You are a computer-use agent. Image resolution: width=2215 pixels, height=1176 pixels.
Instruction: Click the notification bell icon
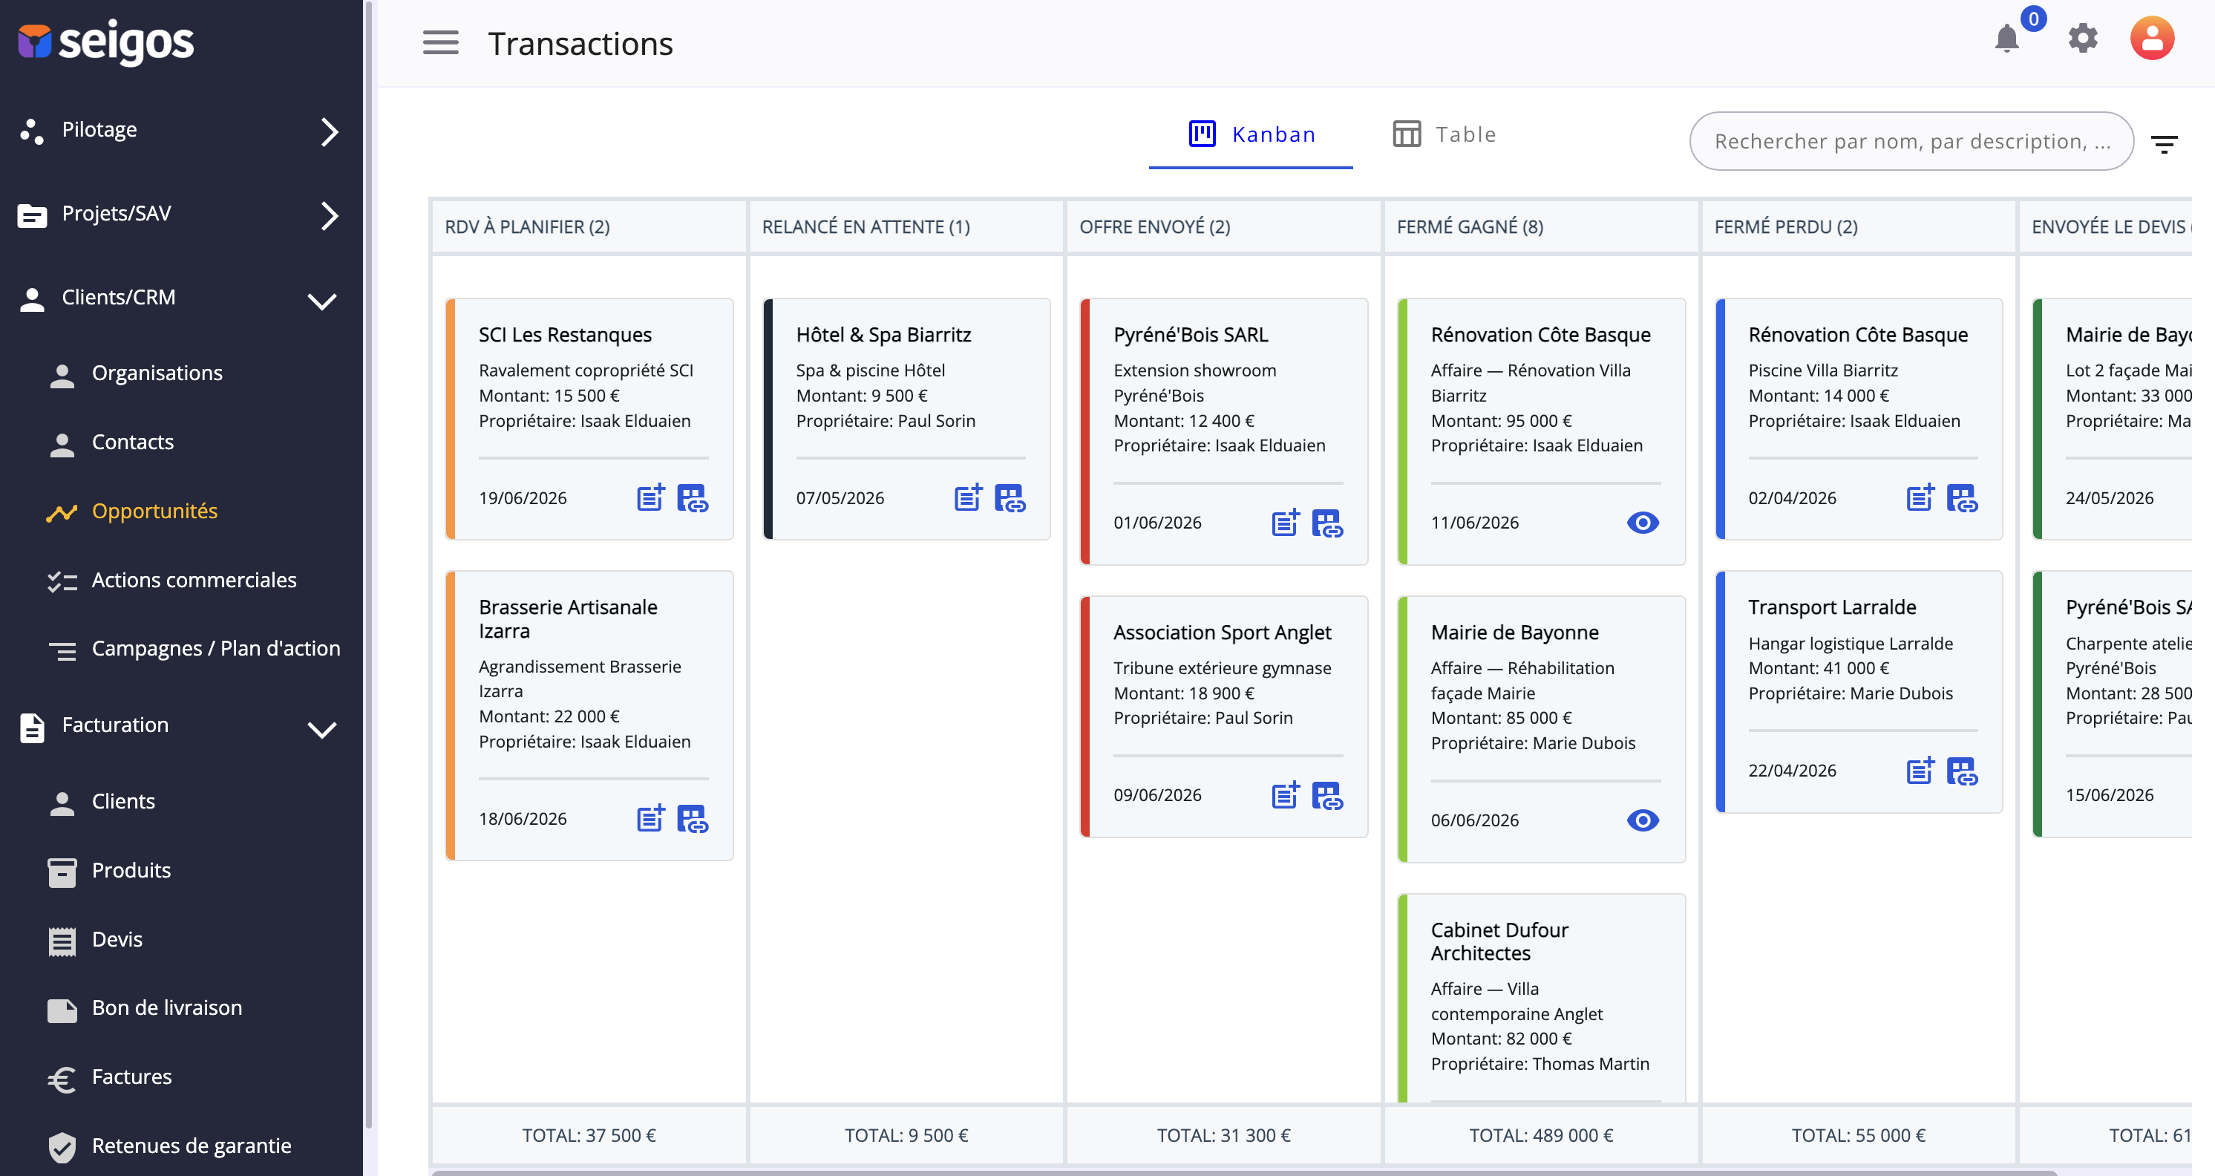(2007, 39)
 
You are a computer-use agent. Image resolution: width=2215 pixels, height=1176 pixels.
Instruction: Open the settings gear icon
(2083, 39)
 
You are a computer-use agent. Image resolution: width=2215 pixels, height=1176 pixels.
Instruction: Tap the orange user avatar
(2151, 39)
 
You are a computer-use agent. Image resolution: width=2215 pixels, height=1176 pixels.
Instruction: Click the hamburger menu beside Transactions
(440, 42)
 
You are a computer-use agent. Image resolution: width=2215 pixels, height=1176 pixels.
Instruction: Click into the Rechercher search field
(1911, 141)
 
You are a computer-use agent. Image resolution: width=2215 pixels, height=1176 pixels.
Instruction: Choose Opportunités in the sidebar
(155, 511)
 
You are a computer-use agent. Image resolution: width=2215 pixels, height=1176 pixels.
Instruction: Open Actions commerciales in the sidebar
(194, 580)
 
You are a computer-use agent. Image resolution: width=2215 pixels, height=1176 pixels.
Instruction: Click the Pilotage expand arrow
(330, 131)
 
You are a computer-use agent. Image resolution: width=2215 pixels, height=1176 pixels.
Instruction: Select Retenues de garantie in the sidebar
(192, 1146)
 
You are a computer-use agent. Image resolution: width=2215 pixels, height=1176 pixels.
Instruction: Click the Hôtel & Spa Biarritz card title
(883, 335)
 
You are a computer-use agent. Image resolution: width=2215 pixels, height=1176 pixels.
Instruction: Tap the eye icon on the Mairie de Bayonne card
(1643, 820)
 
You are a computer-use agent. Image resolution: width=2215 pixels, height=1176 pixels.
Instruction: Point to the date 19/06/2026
(523, 498)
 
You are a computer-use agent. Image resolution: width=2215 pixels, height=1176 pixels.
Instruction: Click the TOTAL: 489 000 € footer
(1541, 1136)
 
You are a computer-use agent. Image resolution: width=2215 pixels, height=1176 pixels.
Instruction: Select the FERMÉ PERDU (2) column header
(1786, 226)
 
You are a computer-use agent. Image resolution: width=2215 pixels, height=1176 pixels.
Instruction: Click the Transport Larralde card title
(1831, 607)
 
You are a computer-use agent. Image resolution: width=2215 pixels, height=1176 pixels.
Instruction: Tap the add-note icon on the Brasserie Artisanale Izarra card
(651, 818)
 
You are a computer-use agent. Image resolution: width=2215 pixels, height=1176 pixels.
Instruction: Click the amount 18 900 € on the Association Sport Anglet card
(1220, 693)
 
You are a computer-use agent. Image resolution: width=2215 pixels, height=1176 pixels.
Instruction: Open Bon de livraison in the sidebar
(167, 1007)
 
